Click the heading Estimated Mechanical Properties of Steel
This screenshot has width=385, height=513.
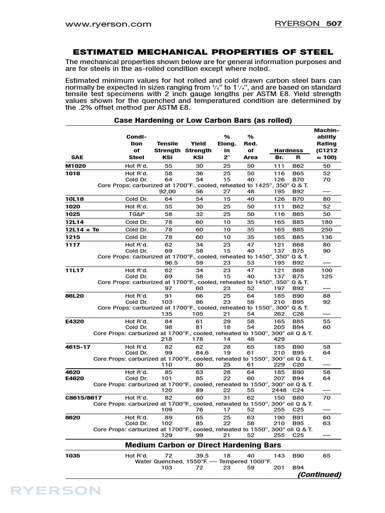pyautogui.click(x=203, y=52)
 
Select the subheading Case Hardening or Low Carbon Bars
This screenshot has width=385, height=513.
pyautogui.click(x=203, y=120)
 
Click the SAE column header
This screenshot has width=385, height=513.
pyautogui.click(x=78, y=157)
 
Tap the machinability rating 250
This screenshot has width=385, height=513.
pyautogui.click(x=327, y=229)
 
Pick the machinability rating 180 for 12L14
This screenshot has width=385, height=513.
pyautogui.click(x=327, y=221)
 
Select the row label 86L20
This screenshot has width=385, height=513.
pyautogui.click(x=75, y=297)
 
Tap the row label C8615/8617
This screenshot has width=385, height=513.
pyautogui.click(x=85, y=397)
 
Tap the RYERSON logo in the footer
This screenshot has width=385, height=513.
pyautogui.click(x=49, y=489)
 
